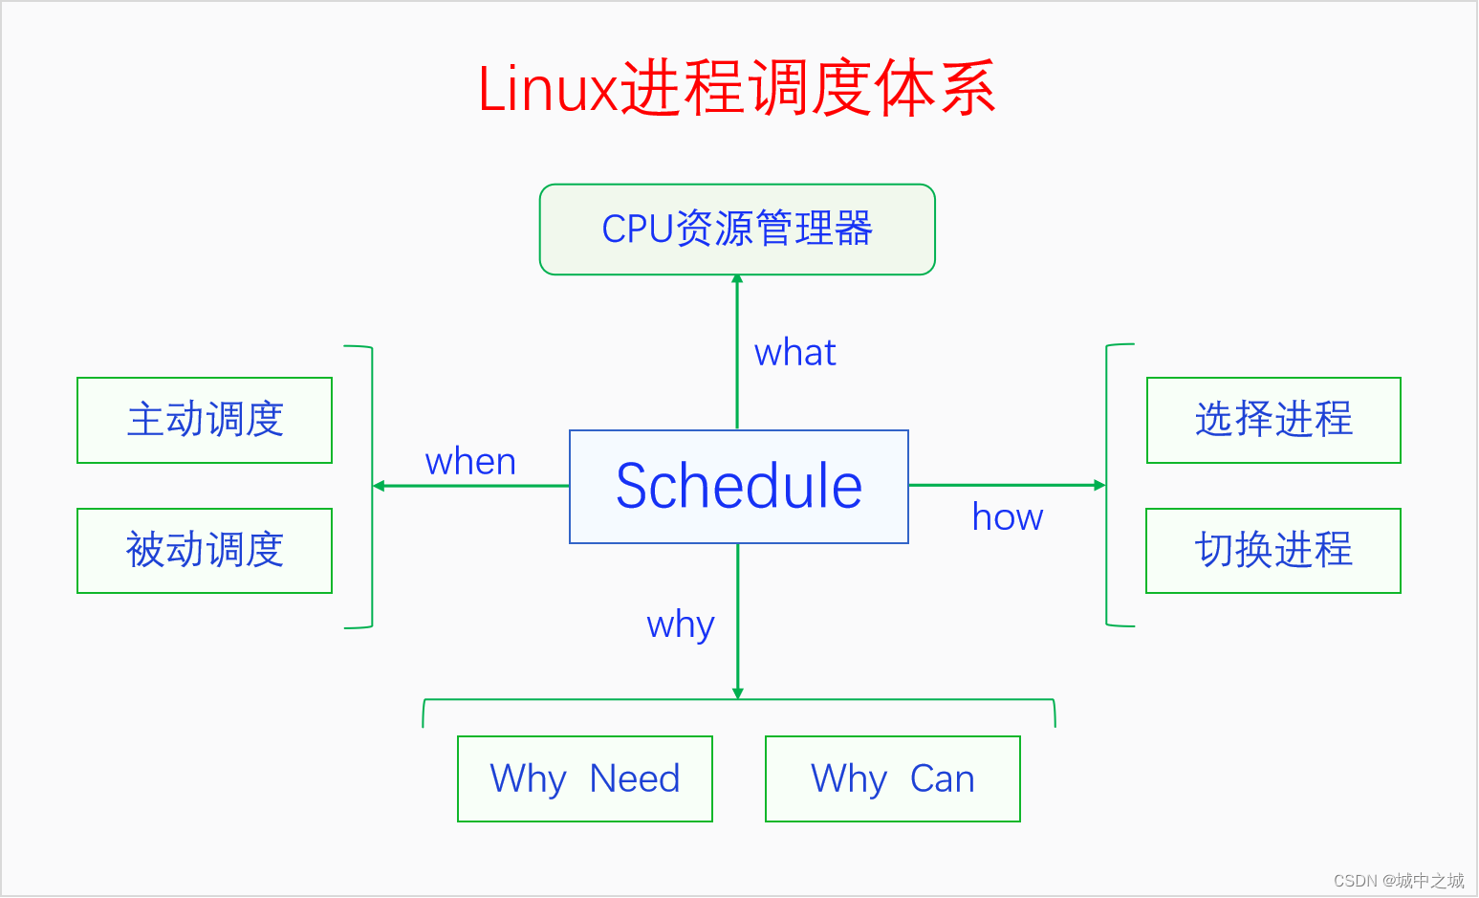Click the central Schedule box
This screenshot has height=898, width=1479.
click(738, 486)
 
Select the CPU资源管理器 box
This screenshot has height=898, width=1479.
click(737, 230)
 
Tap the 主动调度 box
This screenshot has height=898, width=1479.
click(205, 420)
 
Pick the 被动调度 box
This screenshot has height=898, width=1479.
click(205, 550)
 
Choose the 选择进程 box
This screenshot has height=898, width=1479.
click(1273, 420)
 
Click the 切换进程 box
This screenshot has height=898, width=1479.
click(1273, 550)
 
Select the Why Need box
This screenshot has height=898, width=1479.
click(585, 778)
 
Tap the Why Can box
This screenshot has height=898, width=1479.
click(893, 778)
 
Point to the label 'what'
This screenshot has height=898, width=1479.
click(794, 353)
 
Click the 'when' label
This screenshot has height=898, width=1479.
click(470, 462)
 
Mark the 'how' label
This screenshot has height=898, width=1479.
click(1008, 517)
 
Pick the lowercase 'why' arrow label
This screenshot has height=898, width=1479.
click(681, 625)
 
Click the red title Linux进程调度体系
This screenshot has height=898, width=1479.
click(736, 88)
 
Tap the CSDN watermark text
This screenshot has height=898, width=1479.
click(1399, 880)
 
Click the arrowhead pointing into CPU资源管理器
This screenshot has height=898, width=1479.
click(737, 280)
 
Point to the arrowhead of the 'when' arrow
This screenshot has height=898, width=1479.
click(379, 486)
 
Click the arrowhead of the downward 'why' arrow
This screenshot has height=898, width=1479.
click(737, 693)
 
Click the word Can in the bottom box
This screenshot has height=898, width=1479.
click(943, 778)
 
